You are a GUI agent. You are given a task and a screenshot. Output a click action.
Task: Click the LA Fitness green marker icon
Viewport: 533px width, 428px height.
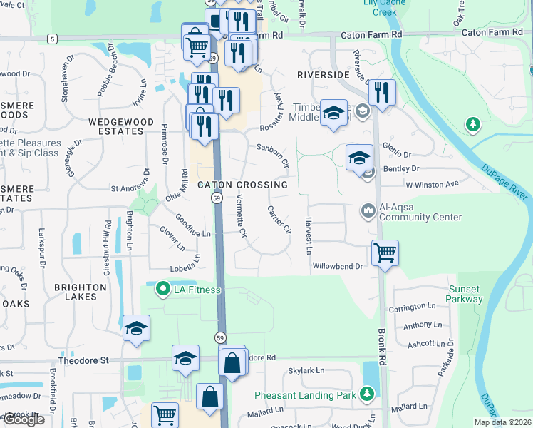click(163, 290)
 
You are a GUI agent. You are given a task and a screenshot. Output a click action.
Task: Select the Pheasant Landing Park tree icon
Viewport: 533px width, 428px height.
click(367, 394)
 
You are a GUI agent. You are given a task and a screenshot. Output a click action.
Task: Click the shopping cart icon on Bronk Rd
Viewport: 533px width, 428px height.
click(385, 253)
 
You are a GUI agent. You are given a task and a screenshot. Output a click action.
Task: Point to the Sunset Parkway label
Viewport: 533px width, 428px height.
click(465, 294)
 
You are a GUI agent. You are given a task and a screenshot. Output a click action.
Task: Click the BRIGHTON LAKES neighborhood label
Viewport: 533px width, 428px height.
click(80, 287)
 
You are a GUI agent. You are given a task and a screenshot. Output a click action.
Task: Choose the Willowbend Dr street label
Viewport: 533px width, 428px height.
click(338, 266)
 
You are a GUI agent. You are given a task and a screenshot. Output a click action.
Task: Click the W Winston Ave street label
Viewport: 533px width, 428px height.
click(432, 184)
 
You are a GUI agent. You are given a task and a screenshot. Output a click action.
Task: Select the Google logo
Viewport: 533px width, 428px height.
click(24, 420)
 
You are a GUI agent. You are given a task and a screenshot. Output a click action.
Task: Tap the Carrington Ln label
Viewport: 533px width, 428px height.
click(412, 307)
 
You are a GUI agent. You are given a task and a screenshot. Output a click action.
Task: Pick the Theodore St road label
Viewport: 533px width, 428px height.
click(84, 361)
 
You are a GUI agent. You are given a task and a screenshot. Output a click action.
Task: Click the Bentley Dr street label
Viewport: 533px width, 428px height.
click(401, 169)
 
